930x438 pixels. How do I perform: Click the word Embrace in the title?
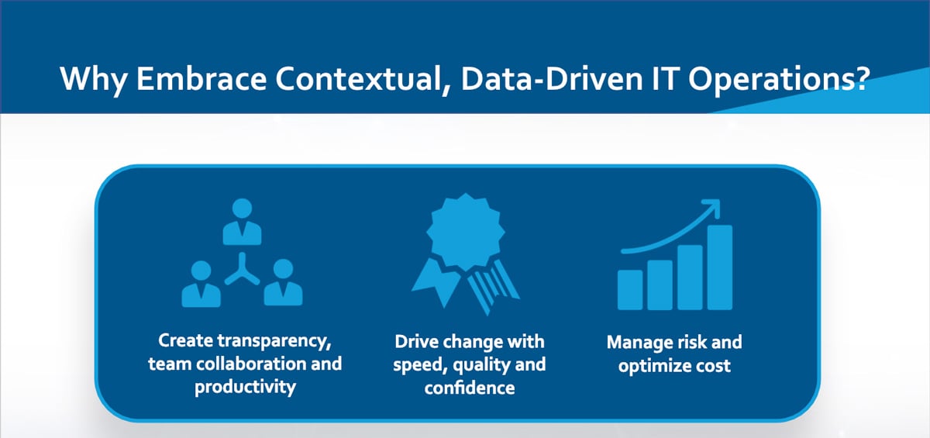click(x=201, y=78)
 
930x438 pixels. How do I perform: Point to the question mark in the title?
click(x=861, y=78)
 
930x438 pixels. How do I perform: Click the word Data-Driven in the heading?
click(x=552, y=78)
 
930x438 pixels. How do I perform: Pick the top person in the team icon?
click(x=242, y=222)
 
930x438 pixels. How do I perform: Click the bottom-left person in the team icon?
click(x=201, y=284)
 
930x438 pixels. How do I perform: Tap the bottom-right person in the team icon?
click(x=283, y=282)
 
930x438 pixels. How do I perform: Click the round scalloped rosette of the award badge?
click(x=466, y=232)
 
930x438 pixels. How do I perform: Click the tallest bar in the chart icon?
click(x=719, y=267)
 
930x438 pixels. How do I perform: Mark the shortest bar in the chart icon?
click(x=630, y=290)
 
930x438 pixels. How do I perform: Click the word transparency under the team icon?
click(x=274, y=342)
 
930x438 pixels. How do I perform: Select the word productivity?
click(x=246, y=388)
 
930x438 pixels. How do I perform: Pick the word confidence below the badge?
click(x=470, y=388)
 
